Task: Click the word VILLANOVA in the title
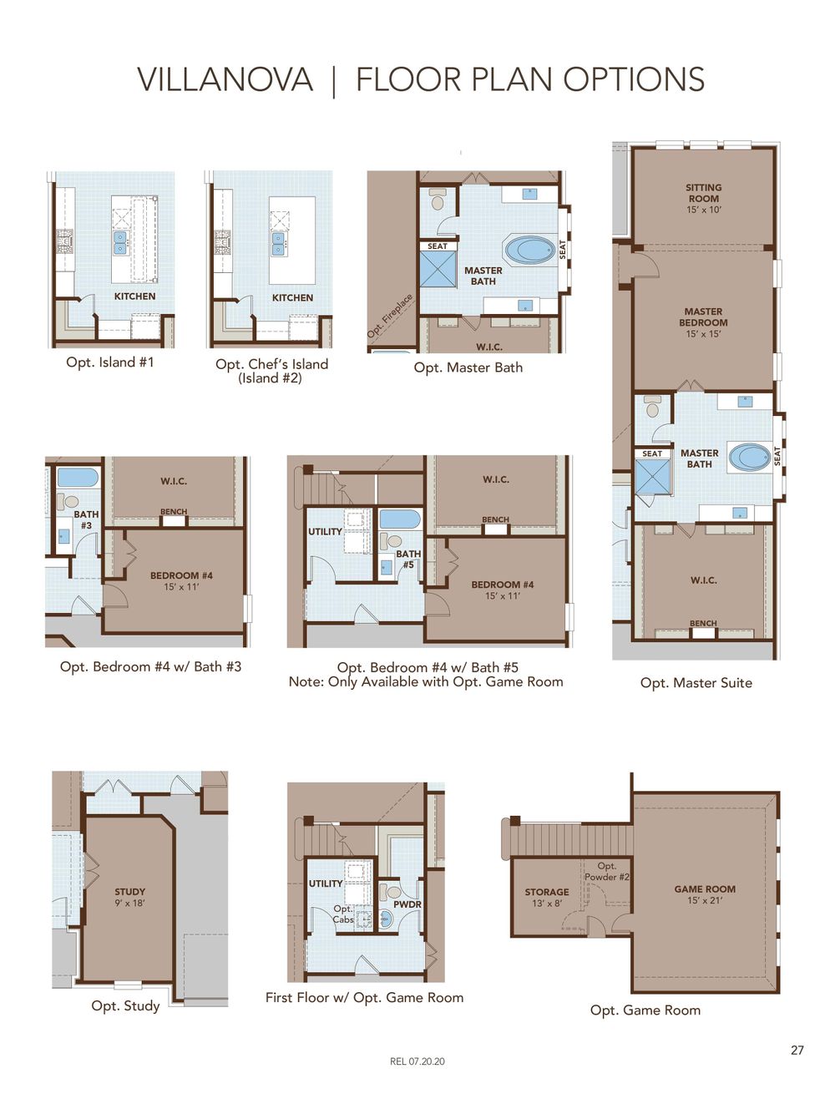[x=225, y=80]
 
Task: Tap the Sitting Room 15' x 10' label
[x=703, y=199]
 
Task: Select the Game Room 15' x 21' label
[x=705, y=894]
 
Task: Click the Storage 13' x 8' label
[x=547, y=898]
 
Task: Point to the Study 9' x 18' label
[x=129, y=897]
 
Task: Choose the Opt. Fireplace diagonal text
[x=390, y=317]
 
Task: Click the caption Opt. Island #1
[x=110, y=362]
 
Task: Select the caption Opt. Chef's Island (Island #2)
[x=271, y=371]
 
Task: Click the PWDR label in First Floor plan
[x=407, y=904]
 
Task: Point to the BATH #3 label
[x=86, y=519]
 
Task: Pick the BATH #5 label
[x=408, y=559]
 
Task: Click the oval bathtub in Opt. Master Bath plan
[x=530, y=250]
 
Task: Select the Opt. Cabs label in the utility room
[x=343, y=914]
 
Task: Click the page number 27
[x=797, y=1051]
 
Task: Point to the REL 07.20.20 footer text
[x=417, y=1061]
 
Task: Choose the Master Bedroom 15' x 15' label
[x=703, y=322]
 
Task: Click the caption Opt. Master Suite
[x=696, y=683]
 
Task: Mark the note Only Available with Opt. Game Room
[x=426, y=681]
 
